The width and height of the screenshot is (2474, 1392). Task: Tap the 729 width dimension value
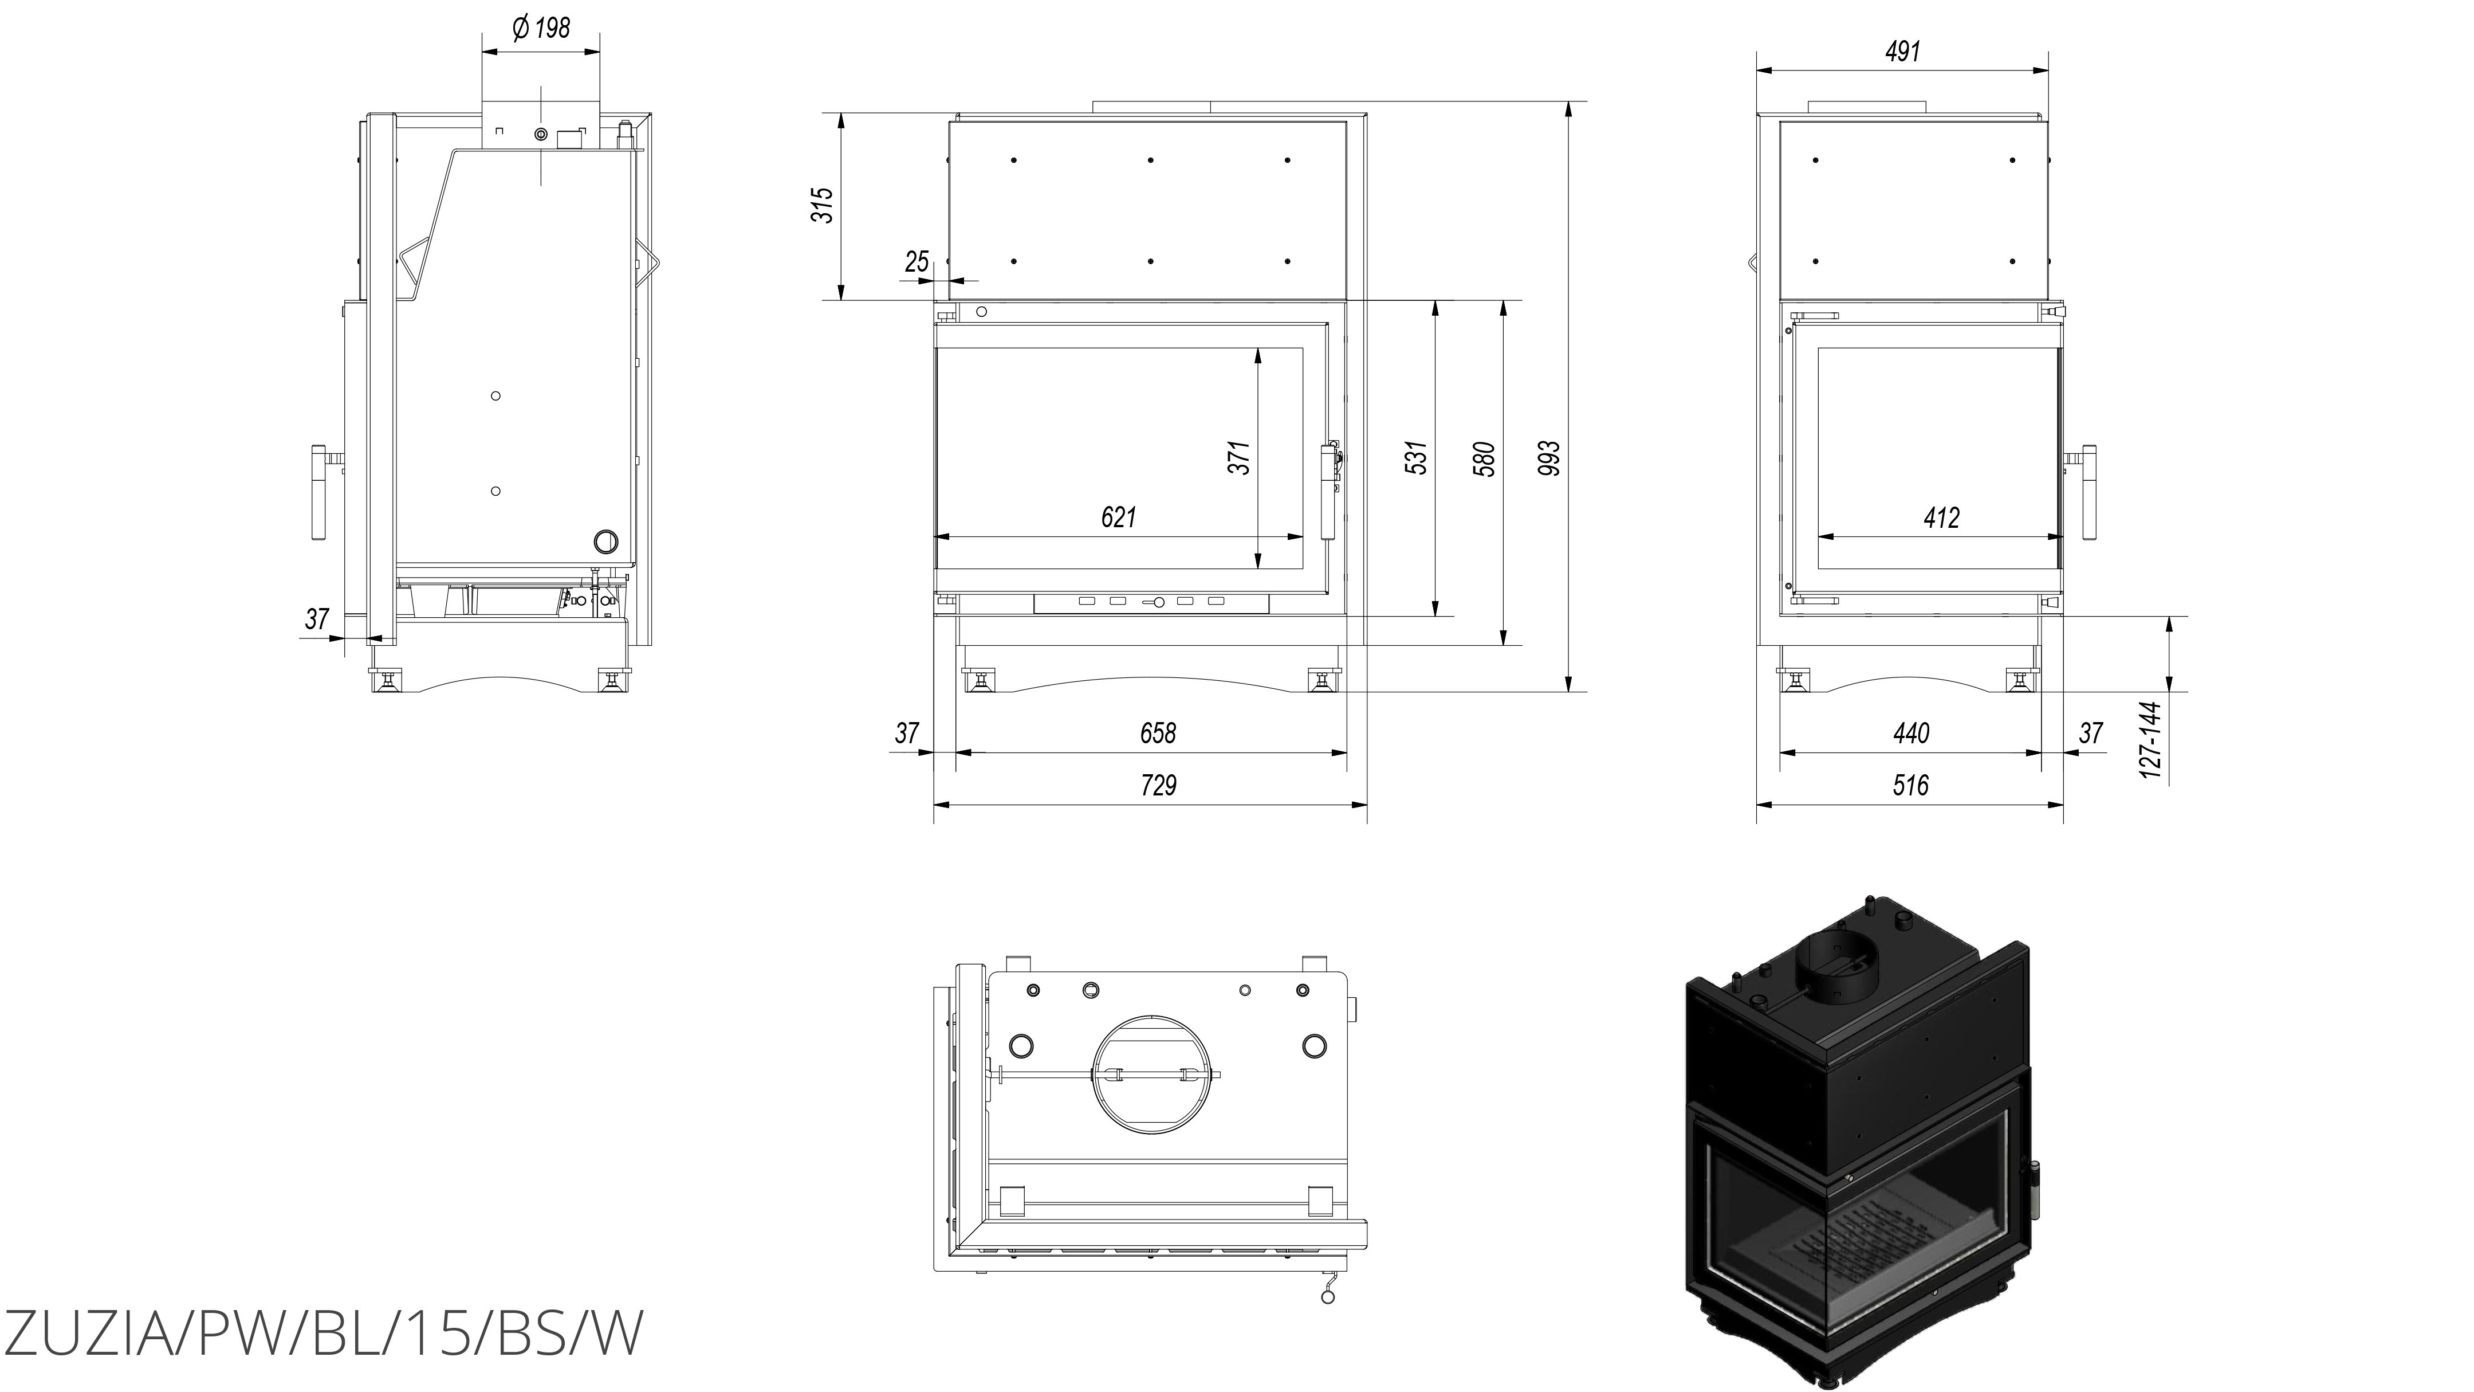1158,786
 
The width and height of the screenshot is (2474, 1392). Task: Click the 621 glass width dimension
1118,518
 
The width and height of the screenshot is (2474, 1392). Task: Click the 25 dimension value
917,261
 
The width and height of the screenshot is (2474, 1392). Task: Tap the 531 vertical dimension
1417,458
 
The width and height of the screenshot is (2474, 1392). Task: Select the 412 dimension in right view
1941,518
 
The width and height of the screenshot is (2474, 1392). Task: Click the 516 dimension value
1910,786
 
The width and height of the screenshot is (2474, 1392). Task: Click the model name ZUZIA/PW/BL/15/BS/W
322,1334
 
